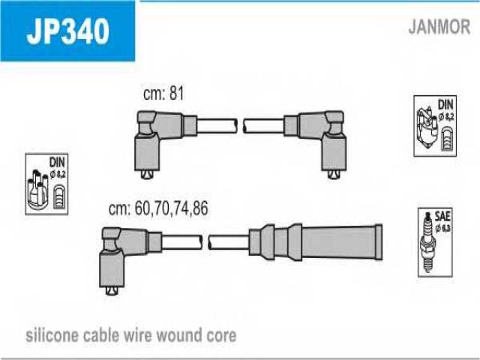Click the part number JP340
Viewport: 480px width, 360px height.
click(67, 31)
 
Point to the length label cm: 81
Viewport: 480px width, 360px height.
click(163, 94)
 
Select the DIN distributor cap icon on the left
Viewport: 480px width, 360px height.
click(47, 184)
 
